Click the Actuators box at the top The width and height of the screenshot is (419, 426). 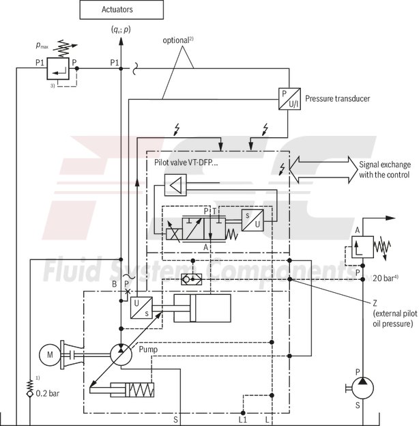(121, 10)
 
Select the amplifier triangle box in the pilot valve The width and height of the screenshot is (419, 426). (175, 184)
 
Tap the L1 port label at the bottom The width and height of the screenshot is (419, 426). (243, 419)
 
